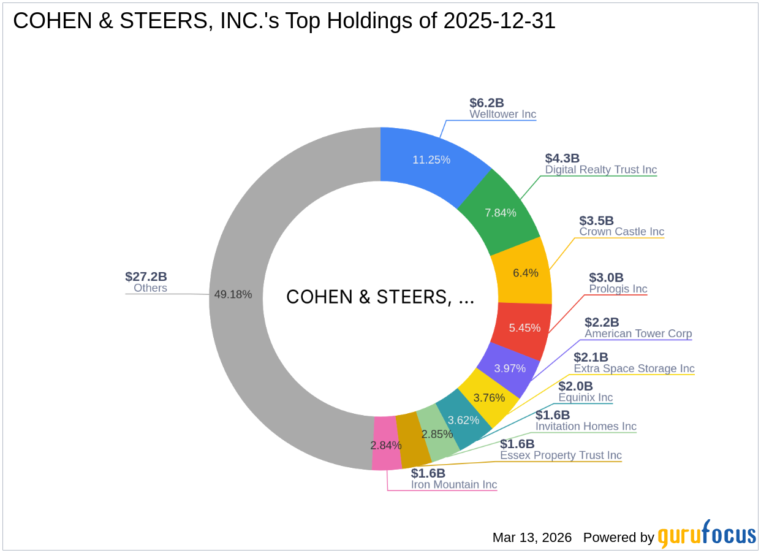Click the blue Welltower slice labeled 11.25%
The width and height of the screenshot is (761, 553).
coord(431,160)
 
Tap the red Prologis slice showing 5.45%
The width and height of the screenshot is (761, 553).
coord(524,328)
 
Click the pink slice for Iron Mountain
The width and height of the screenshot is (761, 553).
coord(385,444)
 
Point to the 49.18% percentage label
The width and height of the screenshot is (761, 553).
coord(233,294)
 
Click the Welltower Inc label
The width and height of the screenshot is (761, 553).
coord(502,114)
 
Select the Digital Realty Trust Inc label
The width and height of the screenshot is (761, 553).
coord(600,170)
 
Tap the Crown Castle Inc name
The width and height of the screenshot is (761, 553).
coord(621,232)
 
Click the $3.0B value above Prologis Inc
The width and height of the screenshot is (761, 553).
coord(606,278)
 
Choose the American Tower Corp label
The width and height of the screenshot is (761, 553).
coord(638,334)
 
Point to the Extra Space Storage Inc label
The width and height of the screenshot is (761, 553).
coord(634,368)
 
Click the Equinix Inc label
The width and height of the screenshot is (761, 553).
coord(585,398)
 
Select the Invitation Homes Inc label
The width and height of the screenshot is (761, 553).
coord(586,426)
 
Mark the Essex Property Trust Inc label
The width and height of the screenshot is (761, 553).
coord(561,455)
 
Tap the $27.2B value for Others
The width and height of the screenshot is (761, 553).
coord(146,276)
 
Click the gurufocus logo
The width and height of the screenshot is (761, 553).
coord(706,535)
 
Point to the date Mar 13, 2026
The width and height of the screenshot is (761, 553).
coord(532,538)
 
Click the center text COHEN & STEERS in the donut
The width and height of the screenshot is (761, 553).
coord(380,297)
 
